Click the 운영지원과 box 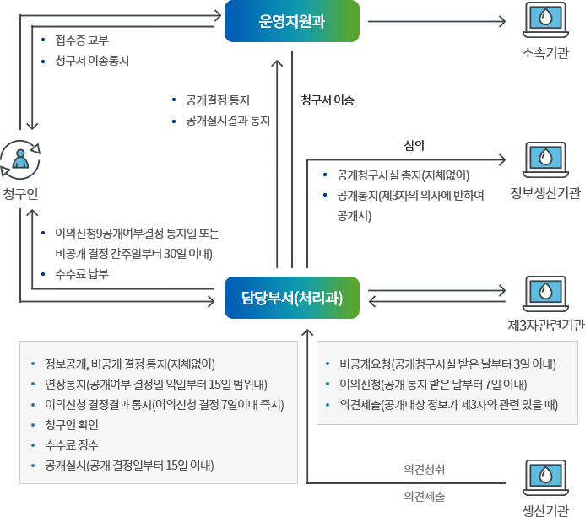coord(291,21)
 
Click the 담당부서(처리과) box coord(291,298)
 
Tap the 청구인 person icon coord(20,158)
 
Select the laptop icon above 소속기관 coord(544,21)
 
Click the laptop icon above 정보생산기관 coord(544,158)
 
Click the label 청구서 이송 coord(327,100)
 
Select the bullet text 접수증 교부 coord(82,40)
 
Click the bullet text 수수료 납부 coord(82,274)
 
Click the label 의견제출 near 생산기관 coord(425,496)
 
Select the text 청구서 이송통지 coord(92,61)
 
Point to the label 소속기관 coord(544,54)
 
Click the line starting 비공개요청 coord(447,364)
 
